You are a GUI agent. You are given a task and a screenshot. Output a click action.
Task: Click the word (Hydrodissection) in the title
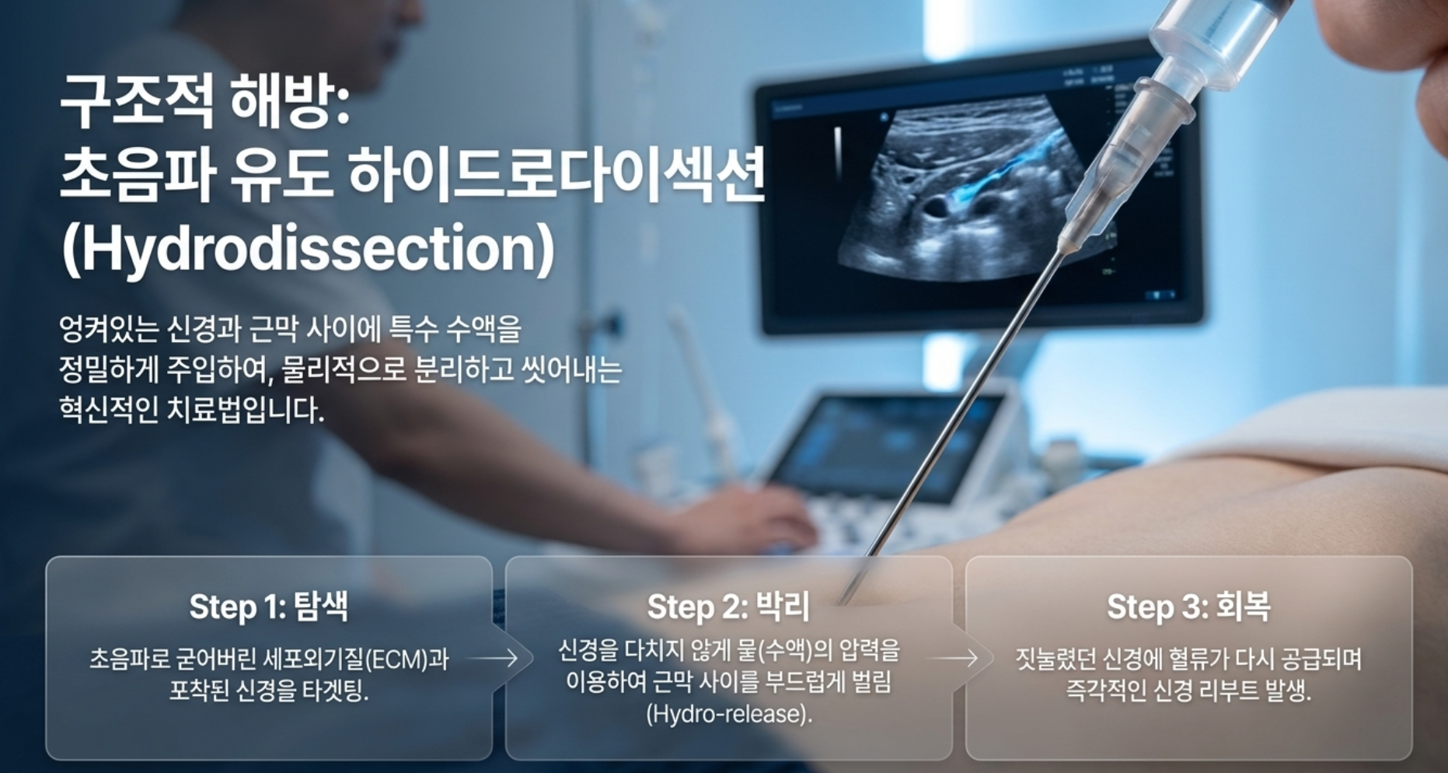point(308,249)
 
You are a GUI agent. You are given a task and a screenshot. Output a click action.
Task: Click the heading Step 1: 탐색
point(269,607)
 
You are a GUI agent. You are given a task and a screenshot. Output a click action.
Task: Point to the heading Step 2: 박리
point(728,607)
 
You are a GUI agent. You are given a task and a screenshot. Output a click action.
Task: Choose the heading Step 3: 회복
point(1188,607)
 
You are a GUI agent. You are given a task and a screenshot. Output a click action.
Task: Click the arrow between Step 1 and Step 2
point(493,659)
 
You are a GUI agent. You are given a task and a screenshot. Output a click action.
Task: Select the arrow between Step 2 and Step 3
point(953,659)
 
